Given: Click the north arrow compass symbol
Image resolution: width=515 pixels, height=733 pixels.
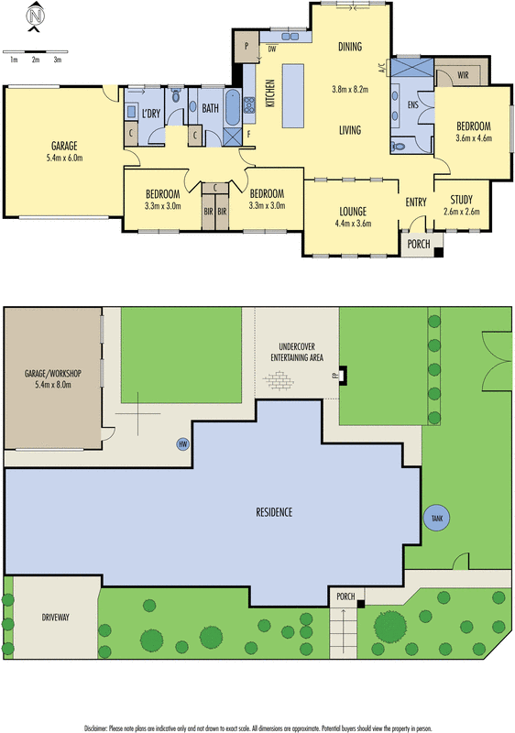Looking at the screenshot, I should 35,16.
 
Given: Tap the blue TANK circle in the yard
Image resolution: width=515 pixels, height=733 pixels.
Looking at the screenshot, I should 436,518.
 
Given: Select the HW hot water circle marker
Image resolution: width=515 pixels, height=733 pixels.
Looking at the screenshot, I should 183,444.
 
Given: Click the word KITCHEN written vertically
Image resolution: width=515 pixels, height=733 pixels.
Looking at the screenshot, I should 270,94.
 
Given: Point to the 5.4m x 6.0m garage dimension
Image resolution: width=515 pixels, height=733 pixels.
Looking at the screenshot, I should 64,158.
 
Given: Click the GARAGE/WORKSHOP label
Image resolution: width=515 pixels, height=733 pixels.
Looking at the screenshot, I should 53,374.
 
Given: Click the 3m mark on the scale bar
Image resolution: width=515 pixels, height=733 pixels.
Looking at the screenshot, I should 57,59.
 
